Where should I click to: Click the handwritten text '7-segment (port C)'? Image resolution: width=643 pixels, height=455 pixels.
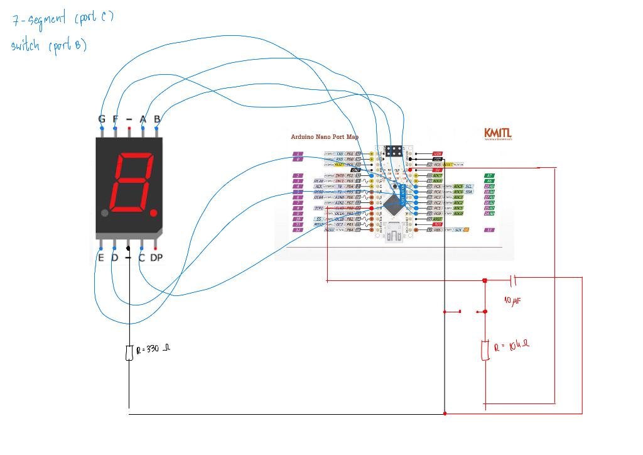(63, 19)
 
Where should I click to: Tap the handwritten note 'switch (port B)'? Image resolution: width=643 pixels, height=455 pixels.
(49, 46)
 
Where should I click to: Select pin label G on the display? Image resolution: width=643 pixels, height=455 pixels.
(102, 119)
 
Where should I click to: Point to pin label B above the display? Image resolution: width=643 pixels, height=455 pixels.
(157, 119)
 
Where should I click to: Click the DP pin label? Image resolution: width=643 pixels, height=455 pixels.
(156, 258)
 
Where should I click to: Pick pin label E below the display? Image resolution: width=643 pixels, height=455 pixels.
(101, 258)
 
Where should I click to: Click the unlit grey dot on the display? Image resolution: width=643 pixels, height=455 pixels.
(105, 213)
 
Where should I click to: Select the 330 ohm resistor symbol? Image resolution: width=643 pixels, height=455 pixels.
(129, 353)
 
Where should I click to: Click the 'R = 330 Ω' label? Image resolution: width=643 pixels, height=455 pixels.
(153, 349)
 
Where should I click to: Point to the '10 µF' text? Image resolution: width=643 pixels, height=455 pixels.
(513, 301)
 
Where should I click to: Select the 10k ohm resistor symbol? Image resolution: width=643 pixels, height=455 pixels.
(485, 350)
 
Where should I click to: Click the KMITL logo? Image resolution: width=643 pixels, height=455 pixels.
(497, 134)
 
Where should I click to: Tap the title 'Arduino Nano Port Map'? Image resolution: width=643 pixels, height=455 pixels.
(325, 137)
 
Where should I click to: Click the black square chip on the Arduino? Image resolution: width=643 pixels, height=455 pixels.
(393, 202)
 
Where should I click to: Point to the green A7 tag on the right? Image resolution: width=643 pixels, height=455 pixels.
(490, 175)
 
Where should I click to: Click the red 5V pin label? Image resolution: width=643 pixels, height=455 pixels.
(438, 170)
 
